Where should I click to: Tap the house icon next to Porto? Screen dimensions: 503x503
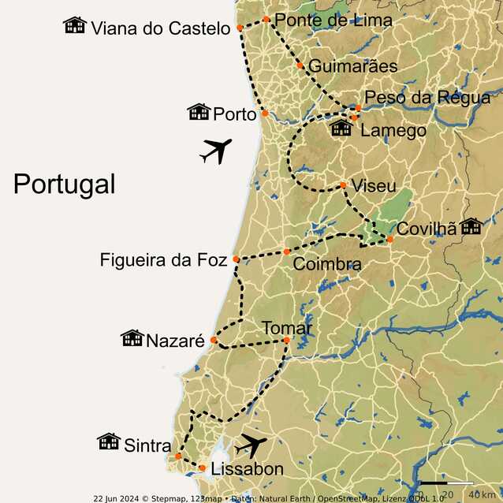[199, 112]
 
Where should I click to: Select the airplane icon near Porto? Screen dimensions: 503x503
[216, 150]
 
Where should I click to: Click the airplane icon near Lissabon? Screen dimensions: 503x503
[251, 445]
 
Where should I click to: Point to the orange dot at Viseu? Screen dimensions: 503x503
[343, 185]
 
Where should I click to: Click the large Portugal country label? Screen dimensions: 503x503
[64, 184]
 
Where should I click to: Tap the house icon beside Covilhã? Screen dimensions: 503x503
[471, 227]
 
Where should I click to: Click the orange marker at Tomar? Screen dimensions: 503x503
[286, 341]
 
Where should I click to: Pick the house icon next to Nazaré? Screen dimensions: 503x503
[132, 338]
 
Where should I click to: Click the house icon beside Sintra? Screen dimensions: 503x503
[108, 442]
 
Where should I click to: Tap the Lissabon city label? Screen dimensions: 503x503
[248, 470]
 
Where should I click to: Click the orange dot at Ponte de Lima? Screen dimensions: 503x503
[266, 19]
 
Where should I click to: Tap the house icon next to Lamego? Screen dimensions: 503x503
[341, 129]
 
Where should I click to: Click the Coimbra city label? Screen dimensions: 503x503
[326, 264]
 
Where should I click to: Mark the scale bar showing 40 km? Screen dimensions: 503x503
[446, 483]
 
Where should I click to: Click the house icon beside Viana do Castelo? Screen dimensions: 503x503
[75, 25]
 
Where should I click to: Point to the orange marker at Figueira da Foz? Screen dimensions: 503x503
[236, 259]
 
